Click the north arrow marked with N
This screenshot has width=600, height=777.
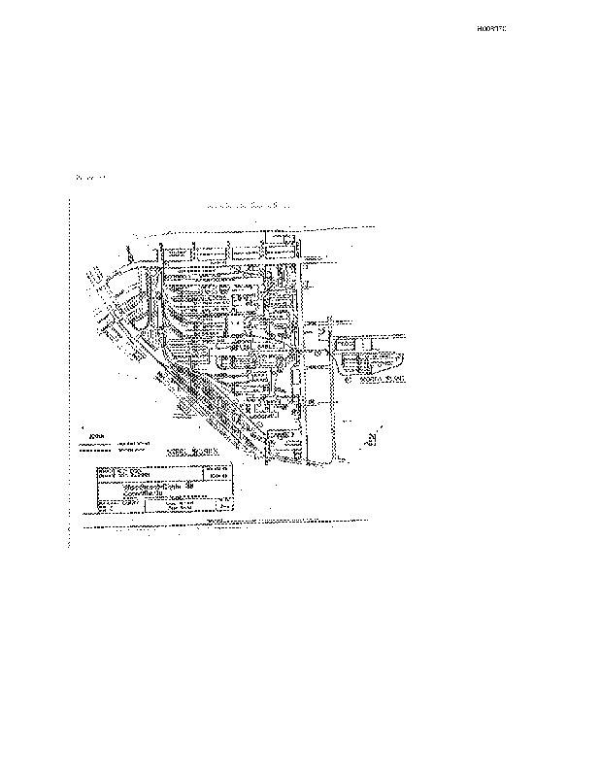(x=373, y=437)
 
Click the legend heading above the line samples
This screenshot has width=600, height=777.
(x=96, y=437)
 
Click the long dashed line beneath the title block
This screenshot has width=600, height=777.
(x=223, y=525)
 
